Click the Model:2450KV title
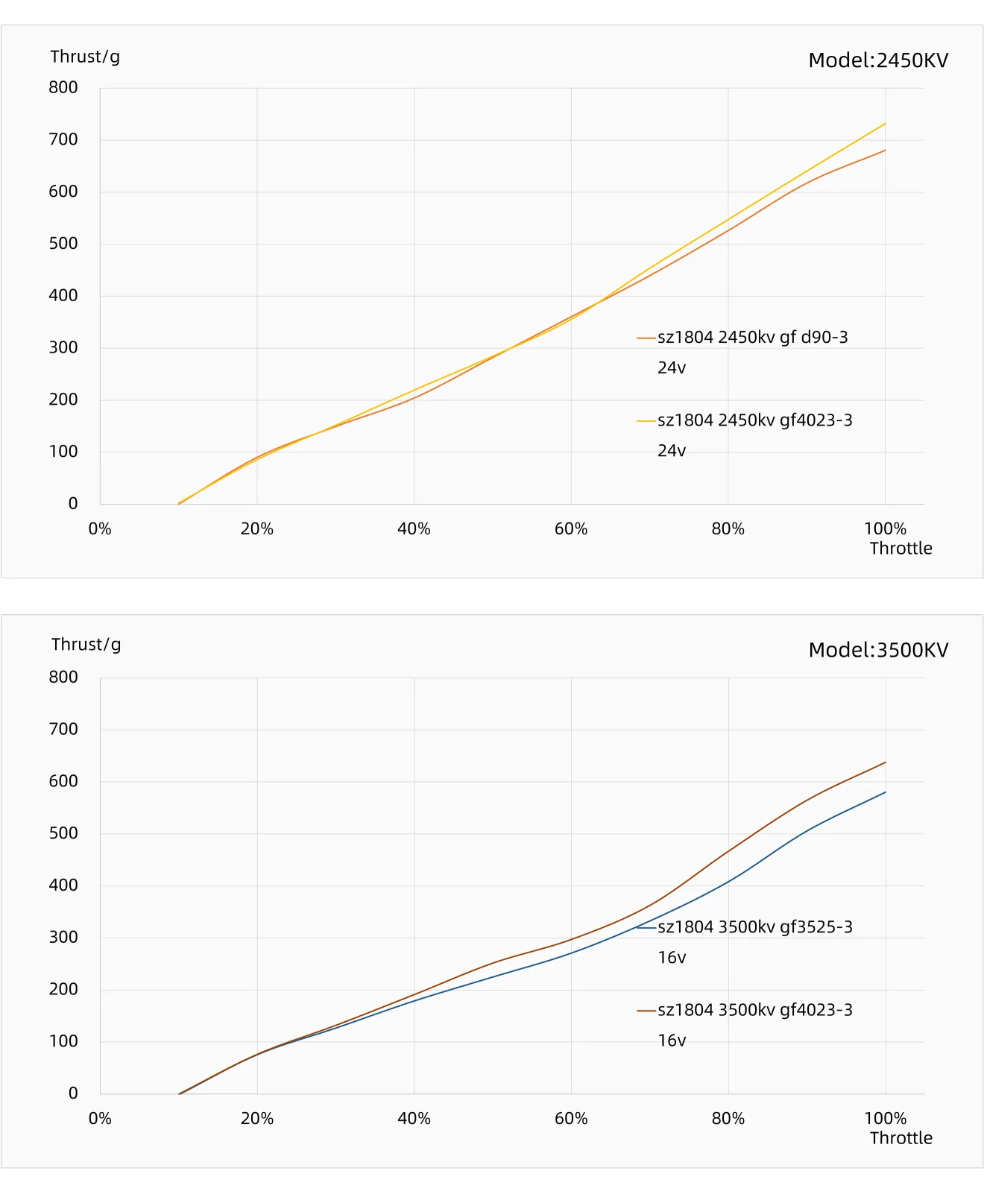[877, 60]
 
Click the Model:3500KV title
[877, 650]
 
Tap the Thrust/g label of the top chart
[85, 57]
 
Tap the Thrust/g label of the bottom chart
[86, 645]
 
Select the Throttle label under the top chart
[901, 549]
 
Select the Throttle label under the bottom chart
[901, 1138]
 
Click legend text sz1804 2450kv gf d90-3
[752, 338]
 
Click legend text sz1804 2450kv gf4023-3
[754, 420]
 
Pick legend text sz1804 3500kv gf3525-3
[754, 927]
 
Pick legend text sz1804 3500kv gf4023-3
[754, 1010]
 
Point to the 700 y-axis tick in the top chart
[63, 139]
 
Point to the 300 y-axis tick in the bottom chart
[63, 938]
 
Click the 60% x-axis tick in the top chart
[571, 529]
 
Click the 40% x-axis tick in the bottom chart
[414, 1119]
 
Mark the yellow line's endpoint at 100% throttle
[885, 124]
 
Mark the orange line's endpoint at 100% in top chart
[885, 151]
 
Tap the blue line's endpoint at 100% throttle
[885, 792]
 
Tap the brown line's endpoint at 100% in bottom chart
[885, 762]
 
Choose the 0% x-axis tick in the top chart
[100, 529]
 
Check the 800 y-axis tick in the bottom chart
[63, 678]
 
